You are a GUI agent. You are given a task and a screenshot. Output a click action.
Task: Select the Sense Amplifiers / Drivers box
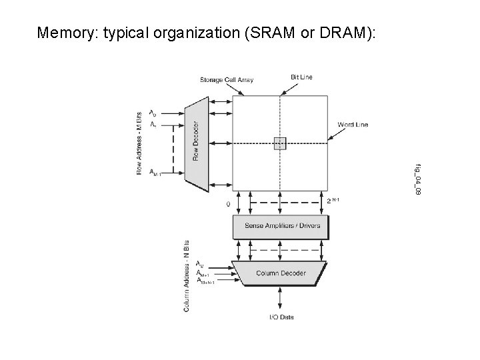(x=283, y=226)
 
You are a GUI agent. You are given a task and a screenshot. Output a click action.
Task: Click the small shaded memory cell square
(x=280, y=142)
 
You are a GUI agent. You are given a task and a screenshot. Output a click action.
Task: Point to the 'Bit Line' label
(x=301, y=77)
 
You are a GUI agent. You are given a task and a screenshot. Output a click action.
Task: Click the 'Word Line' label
(x=353, y=125)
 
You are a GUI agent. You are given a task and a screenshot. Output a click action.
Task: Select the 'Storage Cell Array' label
(x=227, y=81)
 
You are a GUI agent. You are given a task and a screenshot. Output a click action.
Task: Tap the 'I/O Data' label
(x=281, y=317)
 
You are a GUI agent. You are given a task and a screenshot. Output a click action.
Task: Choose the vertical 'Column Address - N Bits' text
(x=187, y=275)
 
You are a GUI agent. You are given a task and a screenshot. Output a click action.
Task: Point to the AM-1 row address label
(x=155, y=173)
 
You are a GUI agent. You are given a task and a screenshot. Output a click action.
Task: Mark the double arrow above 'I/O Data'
(x=281, y=299)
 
